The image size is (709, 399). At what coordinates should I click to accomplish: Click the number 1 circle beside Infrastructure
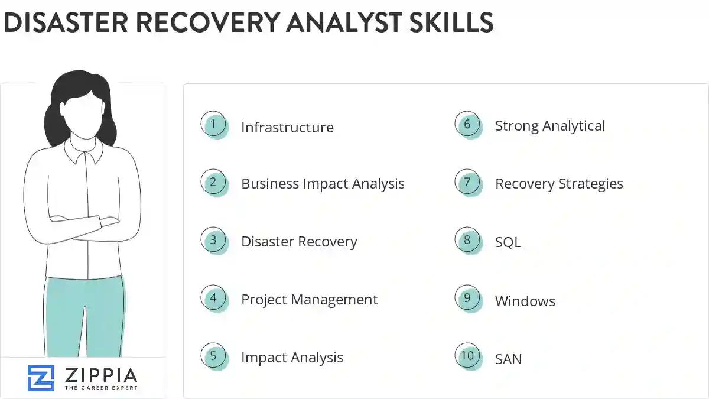[213, 125]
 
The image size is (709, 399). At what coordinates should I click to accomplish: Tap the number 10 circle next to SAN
[467, 356]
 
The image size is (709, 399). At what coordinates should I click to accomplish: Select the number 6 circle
[467, 124]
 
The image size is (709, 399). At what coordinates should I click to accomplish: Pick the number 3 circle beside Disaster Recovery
[213, 240]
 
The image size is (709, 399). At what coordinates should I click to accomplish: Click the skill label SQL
[508, 242]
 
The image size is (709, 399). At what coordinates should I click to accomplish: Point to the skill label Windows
[525, 301]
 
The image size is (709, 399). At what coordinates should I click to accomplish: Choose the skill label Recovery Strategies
[559, 184]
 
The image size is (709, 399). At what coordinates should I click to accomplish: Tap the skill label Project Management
[309, 300]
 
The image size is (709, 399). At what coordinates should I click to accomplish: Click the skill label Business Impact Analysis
[323, 184]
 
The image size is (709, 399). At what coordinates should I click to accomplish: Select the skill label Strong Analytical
[550, 126]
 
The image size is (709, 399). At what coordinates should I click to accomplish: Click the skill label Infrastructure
[287, 128]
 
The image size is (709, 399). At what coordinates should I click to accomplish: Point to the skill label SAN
[508, 359]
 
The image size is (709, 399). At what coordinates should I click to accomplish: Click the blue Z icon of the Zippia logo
[41, 378]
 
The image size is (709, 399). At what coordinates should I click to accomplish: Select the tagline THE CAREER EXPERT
[100, 388]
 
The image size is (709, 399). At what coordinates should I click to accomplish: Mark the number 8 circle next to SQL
[467, 240]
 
